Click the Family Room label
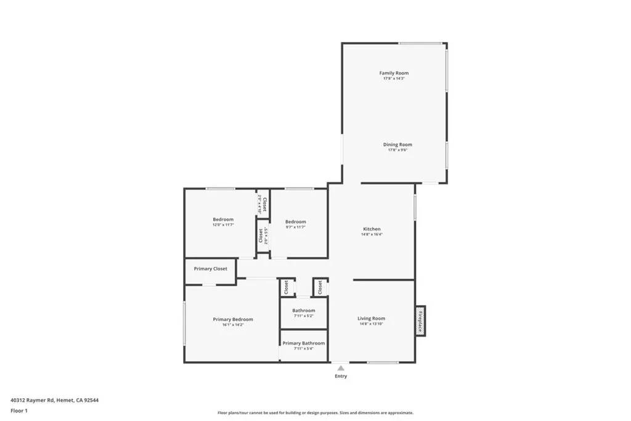click(394, 73)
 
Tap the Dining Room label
click(397, 144)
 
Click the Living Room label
click(371, 318)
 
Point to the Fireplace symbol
click(420, 320)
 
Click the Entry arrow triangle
click(341, 368)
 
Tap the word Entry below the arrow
click(341, 376)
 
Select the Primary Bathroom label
click(304, 343)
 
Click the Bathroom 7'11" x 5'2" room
click(304, 313)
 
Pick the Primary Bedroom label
click(233, 319)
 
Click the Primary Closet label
click(211, 269)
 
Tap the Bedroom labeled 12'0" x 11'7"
click(223, 222)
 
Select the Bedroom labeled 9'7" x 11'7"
click(295, 224)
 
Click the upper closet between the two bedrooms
click(263, 204)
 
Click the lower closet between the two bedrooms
click(263, 236)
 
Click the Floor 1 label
click(20, 410)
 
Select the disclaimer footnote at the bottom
click(315, 413)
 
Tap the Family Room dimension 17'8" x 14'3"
click(394, 78)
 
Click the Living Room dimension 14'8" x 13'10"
click(371, 324)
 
